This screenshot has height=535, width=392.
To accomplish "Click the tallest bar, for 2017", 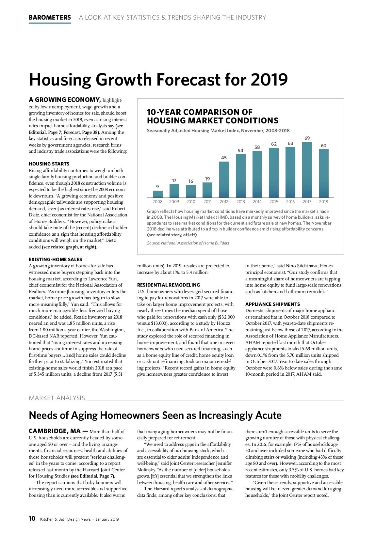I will click(x=307, y=170).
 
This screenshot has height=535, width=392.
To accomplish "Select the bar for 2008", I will click(x=157, y=195).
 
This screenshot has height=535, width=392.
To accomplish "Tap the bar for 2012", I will click(x=224, y=180).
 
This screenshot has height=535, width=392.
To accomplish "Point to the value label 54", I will click(x=240, y=150).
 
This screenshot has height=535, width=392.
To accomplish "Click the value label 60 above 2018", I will click(x=323, y=146).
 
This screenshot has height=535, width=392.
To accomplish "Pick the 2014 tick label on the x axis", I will click(x=257, y=202).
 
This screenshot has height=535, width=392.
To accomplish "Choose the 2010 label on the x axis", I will click(x=191, y=202).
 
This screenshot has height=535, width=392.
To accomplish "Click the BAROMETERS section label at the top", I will click(x=50, y=18).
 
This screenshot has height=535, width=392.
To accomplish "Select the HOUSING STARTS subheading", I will click(x=49, y=164).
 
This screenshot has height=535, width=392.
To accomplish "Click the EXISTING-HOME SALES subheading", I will click(x=56, y=260).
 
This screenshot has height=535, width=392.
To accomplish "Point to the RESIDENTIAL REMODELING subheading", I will click(x=168, y=285).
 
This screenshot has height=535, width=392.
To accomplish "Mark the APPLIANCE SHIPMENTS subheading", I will click(x=272, y=304).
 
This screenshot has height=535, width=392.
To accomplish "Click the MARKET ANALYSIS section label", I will click(x=57, y=398).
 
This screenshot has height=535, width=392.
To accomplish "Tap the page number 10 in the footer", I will click(x=32, y=519).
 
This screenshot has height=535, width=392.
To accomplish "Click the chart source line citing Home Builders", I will click(x=188, y=243).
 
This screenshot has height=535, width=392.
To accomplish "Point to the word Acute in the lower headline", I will click(x=267, y=415).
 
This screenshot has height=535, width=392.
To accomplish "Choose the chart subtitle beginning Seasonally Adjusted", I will click(x=218, y=131).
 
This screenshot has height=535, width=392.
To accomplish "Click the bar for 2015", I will click(x=274, y=173).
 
